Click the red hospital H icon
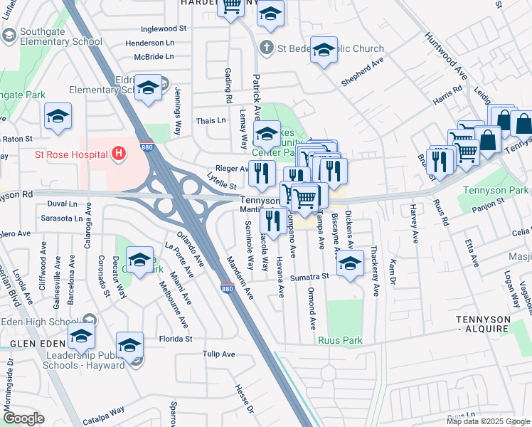click(x=119, y=153)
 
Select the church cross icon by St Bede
click(x=266, y=49)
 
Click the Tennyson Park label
click(x=496, y=190)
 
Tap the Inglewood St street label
click(x=164, y=29)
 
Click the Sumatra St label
click(x=314, y=275)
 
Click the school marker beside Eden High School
click(x=81, y=334)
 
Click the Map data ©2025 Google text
click(x=489, y=421)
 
